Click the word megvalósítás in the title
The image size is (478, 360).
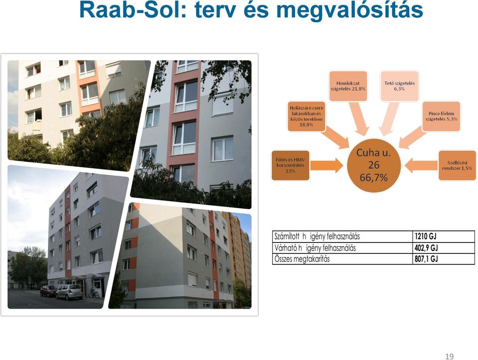pos(350,10)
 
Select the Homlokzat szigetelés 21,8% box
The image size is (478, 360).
pos(348,86)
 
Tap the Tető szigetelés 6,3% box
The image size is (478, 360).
pos(399,86)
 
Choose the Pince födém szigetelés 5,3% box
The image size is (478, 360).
pos(441,117)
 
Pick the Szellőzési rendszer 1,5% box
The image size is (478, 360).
pos(457,165)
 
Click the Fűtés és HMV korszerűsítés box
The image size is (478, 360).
pos(290,165)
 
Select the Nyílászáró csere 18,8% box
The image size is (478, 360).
pos(307,117)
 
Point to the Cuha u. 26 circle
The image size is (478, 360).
pos(374,165)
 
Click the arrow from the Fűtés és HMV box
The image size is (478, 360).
pos(326,165)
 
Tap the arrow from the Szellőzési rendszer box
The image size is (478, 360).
pos(421,165)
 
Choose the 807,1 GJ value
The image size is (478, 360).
pos(426,259)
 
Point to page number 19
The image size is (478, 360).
pos(450,357)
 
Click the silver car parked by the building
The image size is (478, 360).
pos(69,292)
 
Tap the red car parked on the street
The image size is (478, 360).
pos(48,291)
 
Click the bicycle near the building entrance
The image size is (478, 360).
pos(94,294)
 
